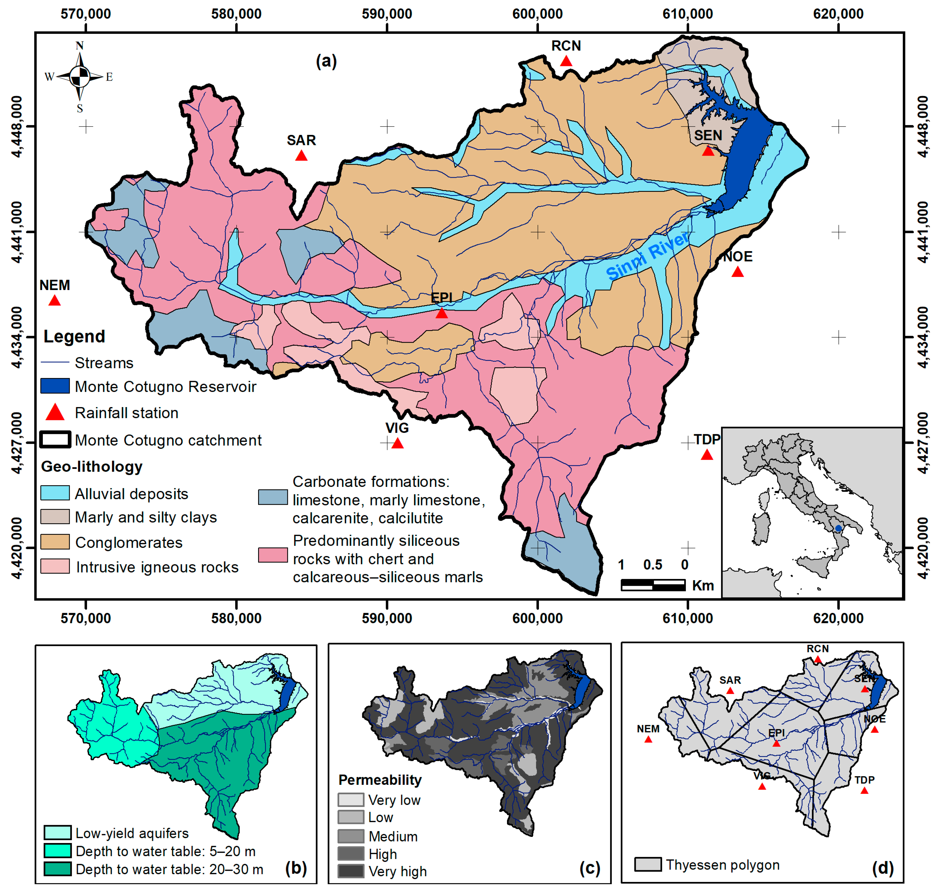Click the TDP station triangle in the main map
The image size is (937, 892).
tap(707, 455)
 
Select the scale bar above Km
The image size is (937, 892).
tap(653, 585)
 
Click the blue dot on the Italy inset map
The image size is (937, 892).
tap(838, 528)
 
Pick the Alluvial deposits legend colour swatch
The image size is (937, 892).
tap(55, 493)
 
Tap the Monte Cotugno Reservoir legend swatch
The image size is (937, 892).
tap(55, 386)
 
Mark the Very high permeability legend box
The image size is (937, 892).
tap(351, 871)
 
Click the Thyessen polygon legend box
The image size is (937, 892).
tap(648, 864)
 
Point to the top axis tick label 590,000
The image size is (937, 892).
tap(387, 14)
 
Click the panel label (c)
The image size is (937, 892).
tap(590, 868)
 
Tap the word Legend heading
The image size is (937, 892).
tap(74, 336)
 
